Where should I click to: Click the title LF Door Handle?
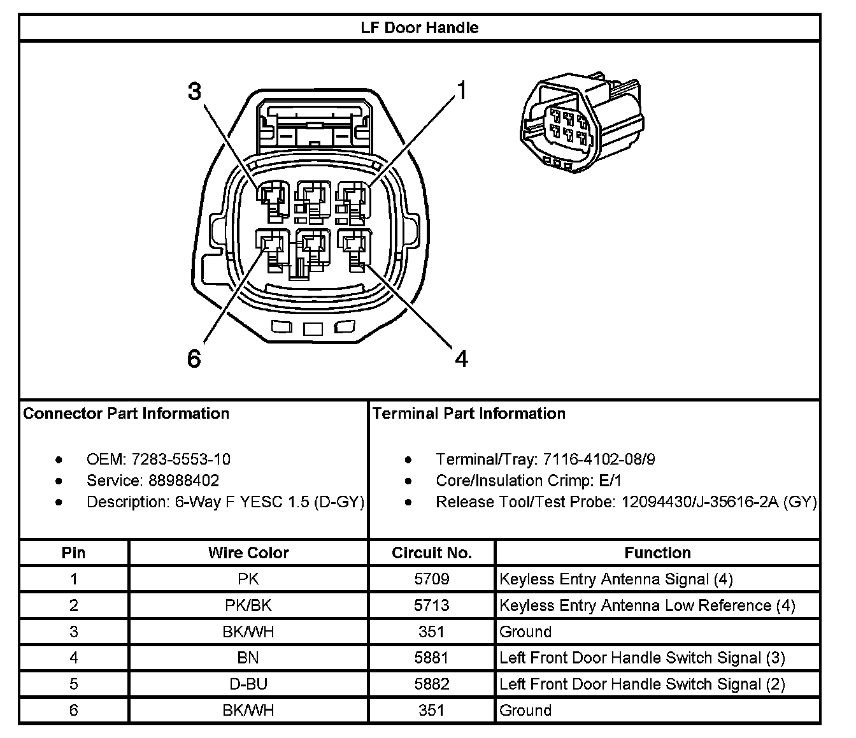419,28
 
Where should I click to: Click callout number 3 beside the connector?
194,92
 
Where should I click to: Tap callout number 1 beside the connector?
462,91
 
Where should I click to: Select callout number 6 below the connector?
194,359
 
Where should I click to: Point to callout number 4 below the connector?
462,359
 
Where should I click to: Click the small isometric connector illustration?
581,124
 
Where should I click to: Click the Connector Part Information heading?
126,414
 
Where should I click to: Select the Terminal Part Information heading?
469,414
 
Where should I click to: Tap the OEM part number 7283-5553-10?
181,459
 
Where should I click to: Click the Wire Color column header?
248,553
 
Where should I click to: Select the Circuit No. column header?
432,553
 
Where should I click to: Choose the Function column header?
657,553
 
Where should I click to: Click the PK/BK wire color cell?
248,605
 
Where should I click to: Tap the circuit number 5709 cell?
432,579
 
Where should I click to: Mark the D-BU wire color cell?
248,684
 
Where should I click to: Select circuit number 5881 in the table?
432,658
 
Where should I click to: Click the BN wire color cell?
248,658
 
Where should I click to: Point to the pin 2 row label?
74,605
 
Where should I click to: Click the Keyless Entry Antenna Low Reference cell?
647,605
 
